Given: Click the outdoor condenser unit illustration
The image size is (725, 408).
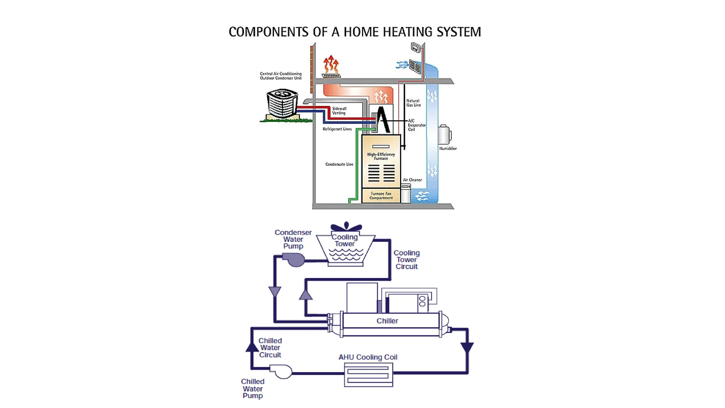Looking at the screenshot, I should tap(282, 103).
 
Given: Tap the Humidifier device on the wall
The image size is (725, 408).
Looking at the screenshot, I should tap(444, 135).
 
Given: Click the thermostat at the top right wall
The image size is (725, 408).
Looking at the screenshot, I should tap(416, 47).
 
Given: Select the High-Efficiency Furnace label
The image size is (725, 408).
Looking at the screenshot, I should tap(381, 156).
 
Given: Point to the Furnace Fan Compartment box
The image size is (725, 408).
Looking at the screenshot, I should tap(381, 196).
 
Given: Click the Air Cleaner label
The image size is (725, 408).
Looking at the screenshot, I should tap(412, 180).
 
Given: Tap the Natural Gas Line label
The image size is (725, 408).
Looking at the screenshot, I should tap(413, 103).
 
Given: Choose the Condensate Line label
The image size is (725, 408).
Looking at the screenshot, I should tap(339, 164).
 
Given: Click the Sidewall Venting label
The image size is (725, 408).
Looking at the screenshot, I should tap(339, 111).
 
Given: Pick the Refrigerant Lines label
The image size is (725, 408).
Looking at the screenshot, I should tap(337, 129).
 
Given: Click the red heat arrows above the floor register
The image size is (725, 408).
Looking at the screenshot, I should tap(331, 64).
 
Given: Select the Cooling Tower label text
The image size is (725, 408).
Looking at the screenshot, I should tap(344, 240).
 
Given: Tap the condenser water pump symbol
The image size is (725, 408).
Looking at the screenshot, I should tap(295, 260).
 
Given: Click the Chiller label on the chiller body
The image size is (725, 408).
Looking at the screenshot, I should tap(387, 321).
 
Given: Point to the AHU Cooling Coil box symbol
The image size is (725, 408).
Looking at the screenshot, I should tap(368, 375).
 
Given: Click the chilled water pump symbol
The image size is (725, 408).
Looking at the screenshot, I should tap(282, 372).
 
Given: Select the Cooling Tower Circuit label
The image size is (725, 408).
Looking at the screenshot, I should tap(406, 260).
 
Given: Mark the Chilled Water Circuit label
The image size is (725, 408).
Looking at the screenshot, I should tap(270, 348).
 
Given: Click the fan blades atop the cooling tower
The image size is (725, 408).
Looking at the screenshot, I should tap(346, 227).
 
